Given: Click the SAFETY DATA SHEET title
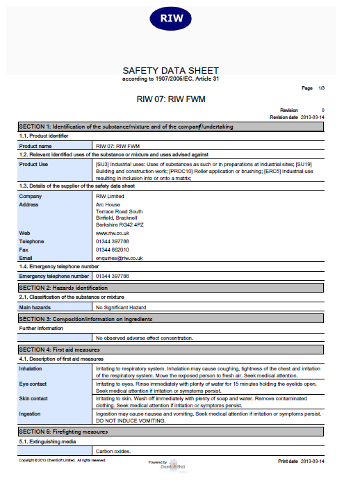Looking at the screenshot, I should (x=170, y=71).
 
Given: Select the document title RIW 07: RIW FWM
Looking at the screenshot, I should (x=171, y=99).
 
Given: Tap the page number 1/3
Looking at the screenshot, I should (x=320, y=88).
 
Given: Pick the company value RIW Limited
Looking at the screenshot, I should (x=111, y=197).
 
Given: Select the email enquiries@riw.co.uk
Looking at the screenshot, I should (x=119, y=258).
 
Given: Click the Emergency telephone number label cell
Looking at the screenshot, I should (x=54, y=276).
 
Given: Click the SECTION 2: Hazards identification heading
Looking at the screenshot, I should (x=63, y=288).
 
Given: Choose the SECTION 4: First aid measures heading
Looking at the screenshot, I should (x=59, y=349).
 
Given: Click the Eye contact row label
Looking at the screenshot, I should (x=34, y=384).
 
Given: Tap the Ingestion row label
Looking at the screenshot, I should (x=31, y=414).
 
